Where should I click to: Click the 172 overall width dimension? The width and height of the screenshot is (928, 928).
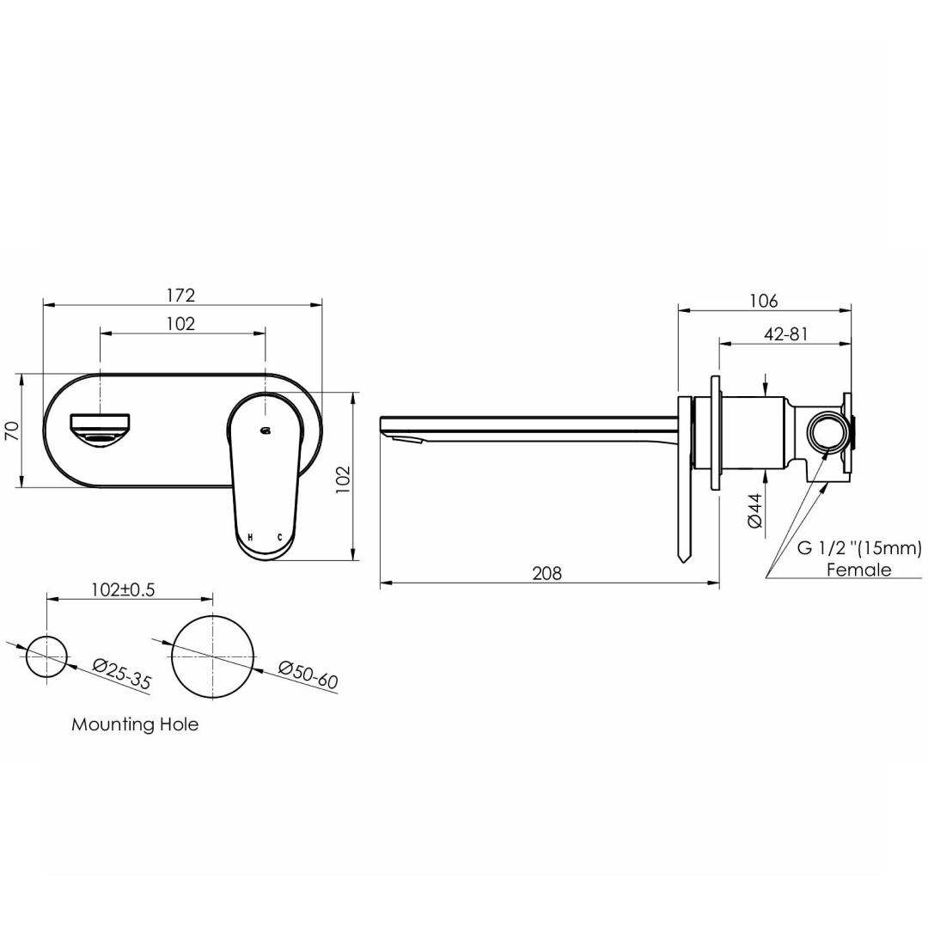click(180, 296)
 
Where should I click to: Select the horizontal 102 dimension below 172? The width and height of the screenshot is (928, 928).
click(180, 324)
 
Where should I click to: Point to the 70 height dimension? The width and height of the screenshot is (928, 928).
click(12, 430)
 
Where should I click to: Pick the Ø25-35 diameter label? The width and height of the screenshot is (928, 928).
click(121, 675)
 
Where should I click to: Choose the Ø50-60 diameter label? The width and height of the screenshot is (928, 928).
click(308, 675)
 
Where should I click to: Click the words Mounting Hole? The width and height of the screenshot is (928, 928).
click(135, 724)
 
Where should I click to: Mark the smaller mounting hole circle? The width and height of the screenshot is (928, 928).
click(46, 658)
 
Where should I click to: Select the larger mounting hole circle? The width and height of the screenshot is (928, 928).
click(213, 658)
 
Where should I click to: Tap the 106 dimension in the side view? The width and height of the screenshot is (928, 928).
click(763, 301)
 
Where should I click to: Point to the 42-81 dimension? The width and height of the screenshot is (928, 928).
click(785, 335)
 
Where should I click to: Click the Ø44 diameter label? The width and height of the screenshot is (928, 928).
click(755, 510)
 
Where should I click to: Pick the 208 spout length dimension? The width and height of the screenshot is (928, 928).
click(546, 573)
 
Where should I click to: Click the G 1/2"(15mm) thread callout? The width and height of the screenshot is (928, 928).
click(858, 548)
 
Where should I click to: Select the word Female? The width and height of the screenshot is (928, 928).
click(858, 570)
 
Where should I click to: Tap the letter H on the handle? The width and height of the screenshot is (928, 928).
click(250, 537)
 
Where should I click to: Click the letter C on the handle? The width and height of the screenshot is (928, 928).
click(279, 537)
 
